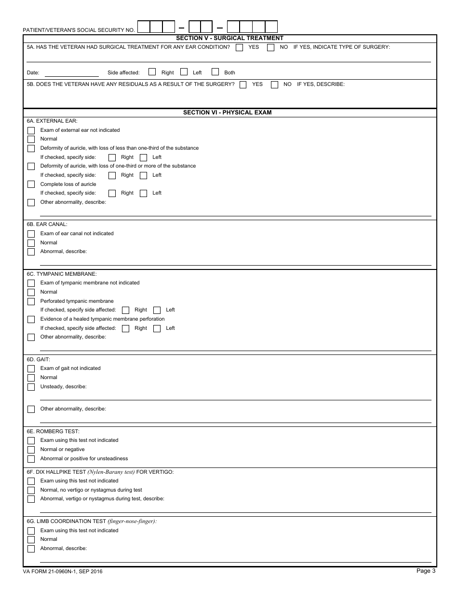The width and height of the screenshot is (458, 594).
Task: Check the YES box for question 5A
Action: [240, 47]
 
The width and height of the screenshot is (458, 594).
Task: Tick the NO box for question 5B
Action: [274, 85]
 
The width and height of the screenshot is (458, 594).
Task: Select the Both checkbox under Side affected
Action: [215, 72]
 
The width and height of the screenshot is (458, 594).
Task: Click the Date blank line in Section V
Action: [71, 73]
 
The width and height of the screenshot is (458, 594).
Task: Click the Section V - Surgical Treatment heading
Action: [229, 38]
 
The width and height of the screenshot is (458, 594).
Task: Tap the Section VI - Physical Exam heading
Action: [227, 113]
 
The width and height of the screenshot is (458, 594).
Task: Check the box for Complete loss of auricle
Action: [31, 184]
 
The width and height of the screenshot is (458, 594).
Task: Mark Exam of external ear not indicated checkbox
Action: [31, 130]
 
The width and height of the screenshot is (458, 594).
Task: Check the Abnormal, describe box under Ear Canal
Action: [31, 252]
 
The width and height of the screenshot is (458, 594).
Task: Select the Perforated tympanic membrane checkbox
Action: [31, 301]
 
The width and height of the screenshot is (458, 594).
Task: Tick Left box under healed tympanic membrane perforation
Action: [157, 328]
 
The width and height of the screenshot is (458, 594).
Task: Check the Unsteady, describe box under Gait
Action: [31, 387]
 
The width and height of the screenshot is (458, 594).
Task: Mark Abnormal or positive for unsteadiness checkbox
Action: [31, 459]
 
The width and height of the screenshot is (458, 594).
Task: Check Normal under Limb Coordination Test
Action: [31, 539]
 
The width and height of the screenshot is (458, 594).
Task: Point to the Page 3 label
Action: [426, 571]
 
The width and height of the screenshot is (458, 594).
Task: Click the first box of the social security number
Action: [144, 27]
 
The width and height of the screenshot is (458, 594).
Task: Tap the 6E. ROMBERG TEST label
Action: [53, 431]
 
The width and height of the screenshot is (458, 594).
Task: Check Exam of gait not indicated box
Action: [31, 368]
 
